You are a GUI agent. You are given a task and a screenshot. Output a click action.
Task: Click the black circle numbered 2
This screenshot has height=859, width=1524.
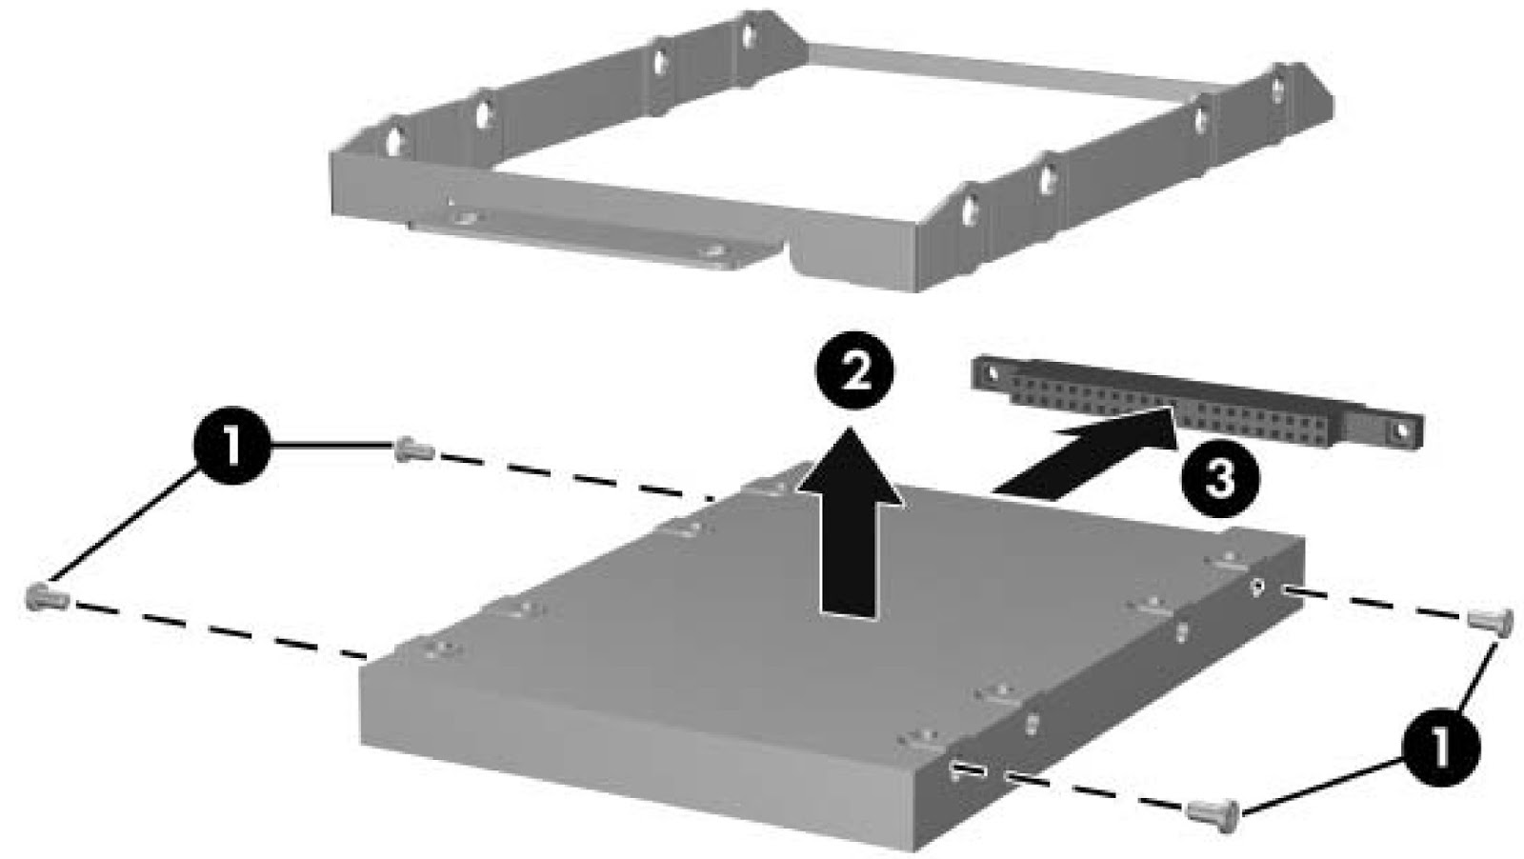pyautogui.click(x=855, y=370)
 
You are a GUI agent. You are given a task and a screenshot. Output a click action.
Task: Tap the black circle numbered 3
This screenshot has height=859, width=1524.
pyautogui.click(x=1220, y=479)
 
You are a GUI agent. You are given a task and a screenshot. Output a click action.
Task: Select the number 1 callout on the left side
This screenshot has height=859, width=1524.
pyautogui.click(x=232, y=446)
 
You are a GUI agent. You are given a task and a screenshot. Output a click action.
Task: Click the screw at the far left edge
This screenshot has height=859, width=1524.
pyautogui.click(x=47, y=598)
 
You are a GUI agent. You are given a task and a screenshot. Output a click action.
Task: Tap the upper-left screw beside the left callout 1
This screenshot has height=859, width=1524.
pyautogui.click(x=413, y=449)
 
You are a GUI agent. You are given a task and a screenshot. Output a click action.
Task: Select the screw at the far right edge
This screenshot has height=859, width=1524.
pyautogui.click(x=1490, y=622)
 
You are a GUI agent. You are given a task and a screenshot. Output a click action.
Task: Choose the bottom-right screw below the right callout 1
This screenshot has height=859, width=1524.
pyautogui.click(x=1213, y=813)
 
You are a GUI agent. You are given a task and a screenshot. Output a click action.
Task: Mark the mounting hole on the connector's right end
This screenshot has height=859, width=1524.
pyautogui.click(x=1401, y=430)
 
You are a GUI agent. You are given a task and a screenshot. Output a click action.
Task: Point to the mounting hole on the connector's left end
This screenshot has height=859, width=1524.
pyautogui.click(x=992, y=372)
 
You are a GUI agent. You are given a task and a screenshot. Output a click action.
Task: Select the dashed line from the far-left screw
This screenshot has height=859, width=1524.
pyautogui.click(x=219, y=629)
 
